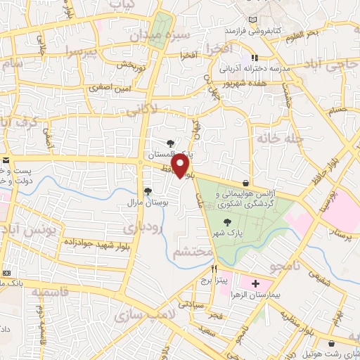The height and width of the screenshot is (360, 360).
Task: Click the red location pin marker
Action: coord(181,166)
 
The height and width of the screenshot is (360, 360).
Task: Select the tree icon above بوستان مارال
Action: coord(148,191)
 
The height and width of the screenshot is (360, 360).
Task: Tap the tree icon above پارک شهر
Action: coord(226,221)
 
